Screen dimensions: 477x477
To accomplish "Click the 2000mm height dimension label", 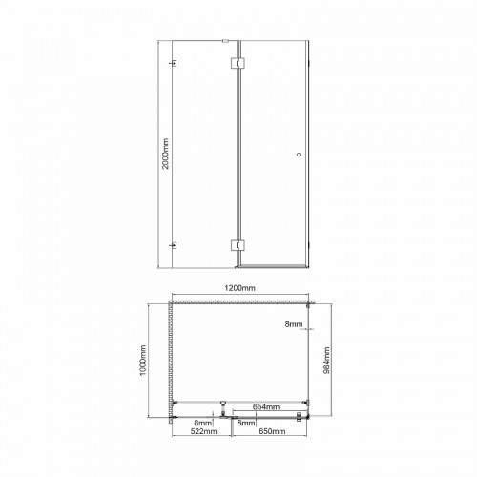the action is click(166, 154).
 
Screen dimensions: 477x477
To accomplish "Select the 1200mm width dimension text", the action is click(240, 288).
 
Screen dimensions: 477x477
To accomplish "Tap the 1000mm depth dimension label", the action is click(143, 360).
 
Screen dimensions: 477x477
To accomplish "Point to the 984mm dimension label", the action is click(326, 361).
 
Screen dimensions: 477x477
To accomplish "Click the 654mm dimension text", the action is click(266, 406).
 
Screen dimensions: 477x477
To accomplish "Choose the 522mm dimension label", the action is click(203, 431).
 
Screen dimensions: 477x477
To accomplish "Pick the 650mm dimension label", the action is click(272, 431).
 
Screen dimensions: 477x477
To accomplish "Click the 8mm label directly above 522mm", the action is click(203, 424).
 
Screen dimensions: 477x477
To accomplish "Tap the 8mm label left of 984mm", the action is click(294, 324).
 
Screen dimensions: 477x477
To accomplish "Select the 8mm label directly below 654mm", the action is click(246, 424).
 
